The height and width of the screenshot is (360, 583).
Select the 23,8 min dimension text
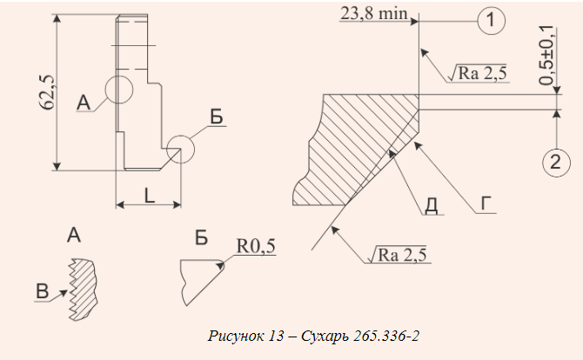point(373,14)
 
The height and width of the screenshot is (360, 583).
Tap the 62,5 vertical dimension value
point(47,92)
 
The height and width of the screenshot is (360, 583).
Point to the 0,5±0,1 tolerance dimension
point(546,56)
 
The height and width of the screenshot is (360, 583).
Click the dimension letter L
point(149,196)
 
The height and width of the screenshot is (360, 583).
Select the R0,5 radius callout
point(256,246)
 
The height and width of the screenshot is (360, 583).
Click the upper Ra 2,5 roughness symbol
point(478,73)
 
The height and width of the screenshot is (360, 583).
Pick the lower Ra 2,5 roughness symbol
point(398,255)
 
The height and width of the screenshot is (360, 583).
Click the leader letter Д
point(431,206)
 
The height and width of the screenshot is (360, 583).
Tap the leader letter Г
point(486,204)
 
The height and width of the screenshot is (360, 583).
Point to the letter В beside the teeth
point(42,291)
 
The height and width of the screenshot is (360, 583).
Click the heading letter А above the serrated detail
point(74,235)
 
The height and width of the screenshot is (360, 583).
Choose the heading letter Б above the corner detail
point(201,237)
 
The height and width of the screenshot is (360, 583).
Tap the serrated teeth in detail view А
point(73,289)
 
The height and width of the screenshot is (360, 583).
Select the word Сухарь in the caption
point(325,337)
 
